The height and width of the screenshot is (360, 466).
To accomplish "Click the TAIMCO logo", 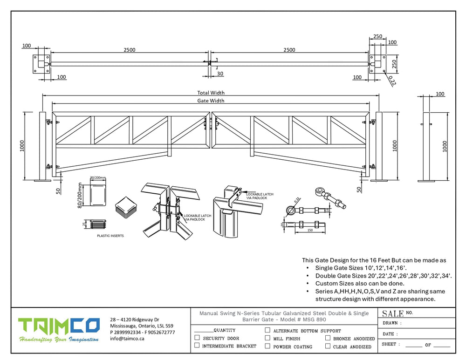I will click(x=59, y=331).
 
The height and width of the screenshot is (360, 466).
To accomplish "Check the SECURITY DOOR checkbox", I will click(x=197, y=338).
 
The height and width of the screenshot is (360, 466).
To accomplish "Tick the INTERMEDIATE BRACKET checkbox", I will click(x=197, y=346).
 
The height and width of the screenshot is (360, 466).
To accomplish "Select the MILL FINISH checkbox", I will click(x=267, y=338).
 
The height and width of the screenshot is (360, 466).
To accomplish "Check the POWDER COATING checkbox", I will click(x=267, y=346).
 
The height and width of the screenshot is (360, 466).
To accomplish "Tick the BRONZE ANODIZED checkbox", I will click(x=328, y=338).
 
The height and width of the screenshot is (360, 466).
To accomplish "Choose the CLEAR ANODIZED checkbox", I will click(x=328, y=346).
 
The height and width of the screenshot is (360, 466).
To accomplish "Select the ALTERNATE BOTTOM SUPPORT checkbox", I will click(x=267, y=330).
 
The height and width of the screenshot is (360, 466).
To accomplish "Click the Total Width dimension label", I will click(x=211, y=93).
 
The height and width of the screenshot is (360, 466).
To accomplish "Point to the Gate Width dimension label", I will click(x=211, y=101).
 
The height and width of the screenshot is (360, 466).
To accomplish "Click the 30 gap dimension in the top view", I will click(x=220, y=74).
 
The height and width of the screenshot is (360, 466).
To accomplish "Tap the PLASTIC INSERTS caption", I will click(x=110, y=236).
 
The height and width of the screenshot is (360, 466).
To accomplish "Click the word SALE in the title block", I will click(x=393, y=313).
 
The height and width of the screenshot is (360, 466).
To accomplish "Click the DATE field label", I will click(x=390, y=334).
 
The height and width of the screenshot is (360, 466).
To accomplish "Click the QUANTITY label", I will click(x=224, y=330).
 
